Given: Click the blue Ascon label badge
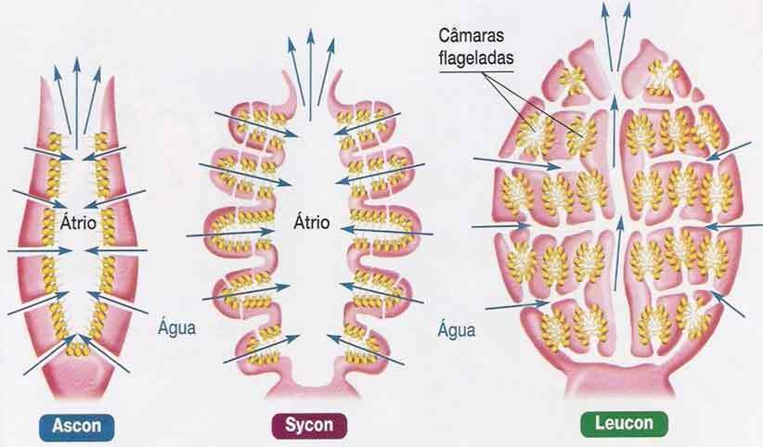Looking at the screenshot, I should coord(77,426).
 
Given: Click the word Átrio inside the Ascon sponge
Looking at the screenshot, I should coord(78,223).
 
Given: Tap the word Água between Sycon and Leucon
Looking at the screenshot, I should coord(455,328).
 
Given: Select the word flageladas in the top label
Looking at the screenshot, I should coord(477,57).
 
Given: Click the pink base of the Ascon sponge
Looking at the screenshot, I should coord(77,376).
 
